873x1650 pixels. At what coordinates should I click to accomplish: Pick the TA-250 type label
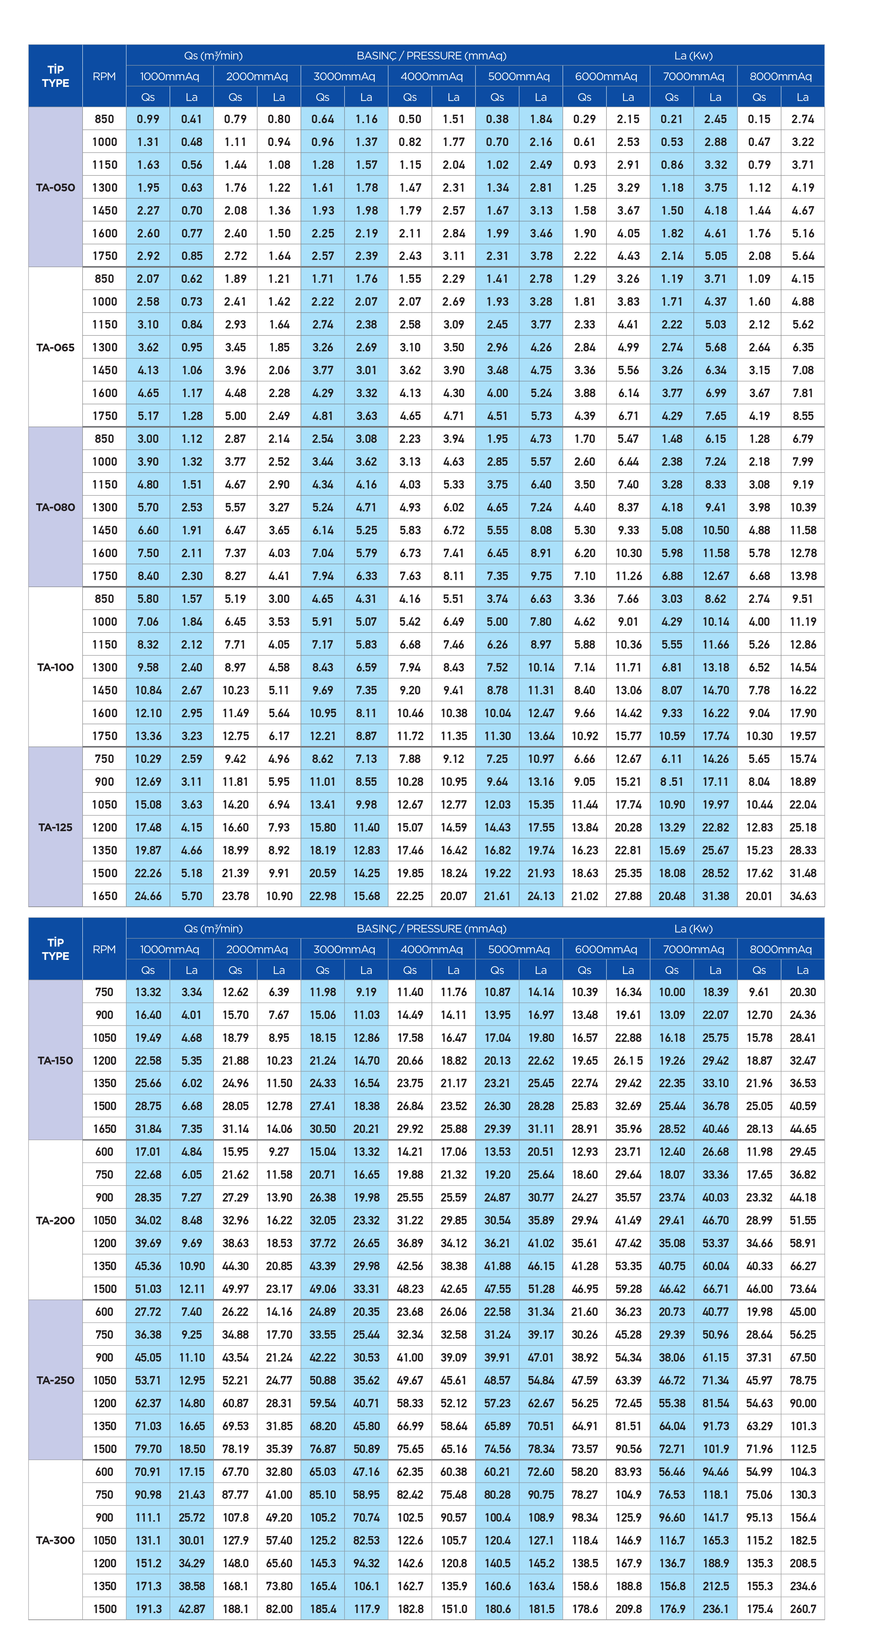[x=55, y=1380]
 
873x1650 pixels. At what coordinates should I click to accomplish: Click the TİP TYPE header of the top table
[x=56, y=76]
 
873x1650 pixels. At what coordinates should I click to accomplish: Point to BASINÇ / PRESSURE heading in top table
[x=431, y=56]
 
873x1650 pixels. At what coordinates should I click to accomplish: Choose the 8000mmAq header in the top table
[x=781, y=76]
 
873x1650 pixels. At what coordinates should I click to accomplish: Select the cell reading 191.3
[x=148, y=1609]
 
